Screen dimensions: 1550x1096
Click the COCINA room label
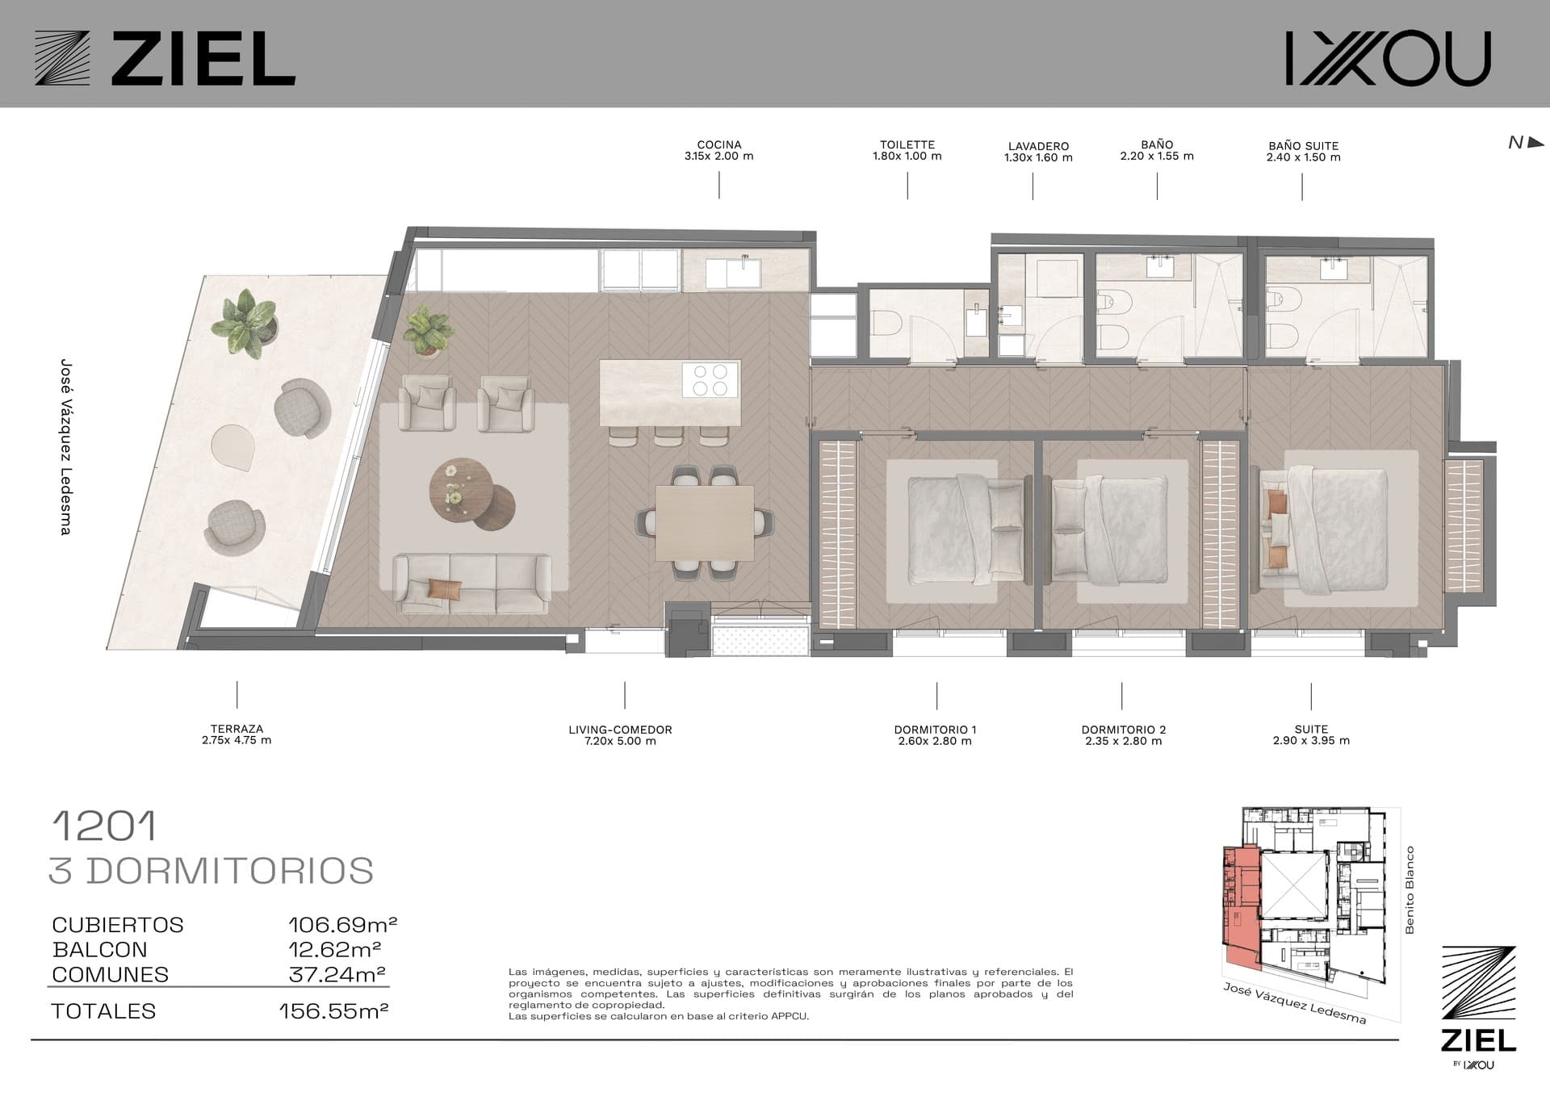click(x=718, y=151)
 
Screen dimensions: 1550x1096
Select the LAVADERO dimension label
click(x=1038, y=152)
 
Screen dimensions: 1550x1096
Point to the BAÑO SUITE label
click(x=1303, y=152)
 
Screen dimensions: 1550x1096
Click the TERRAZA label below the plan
click(x=237, y=734)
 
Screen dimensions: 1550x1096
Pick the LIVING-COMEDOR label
click(x=620, y=735)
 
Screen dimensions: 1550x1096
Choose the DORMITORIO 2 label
click(x=1124, y=735)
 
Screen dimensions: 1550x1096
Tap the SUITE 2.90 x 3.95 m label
click(x=1311, y=734)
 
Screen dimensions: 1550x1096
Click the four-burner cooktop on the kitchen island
click(x=710, y=379)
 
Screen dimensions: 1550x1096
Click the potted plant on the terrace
click(x=245, y=322)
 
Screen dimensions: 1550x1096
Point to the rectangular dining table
click(x=704, y=522)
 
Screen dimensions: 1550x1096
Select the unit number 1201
click(x=104, y=826)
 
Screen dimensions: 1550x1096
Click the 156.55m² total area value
click(x=333, y=1010)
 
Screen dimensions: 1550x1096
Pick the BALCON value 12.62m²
click(x=334, y=949)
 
